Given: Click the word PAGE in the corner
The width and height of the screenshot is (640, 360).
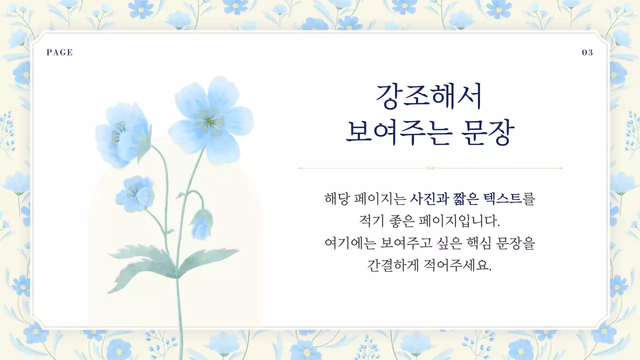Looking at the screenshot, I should click(x=59, y=52).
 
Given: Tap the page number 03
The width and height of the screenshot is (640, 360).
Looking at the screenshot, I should click(x=587, y=52).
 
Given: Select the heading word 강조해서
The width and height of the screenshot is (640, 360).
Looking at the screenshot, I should click(x=429, y=97).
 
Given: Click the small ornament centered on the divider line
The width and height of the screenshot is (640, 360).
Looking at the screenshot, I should click(x=430, y=168).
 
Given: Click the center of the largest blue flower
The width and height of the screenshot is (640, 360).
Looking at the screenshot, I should click(x=210, y=120).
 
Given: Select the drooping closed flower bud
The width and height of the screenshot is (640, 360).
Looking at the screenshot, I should click(x=201, y=226).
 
